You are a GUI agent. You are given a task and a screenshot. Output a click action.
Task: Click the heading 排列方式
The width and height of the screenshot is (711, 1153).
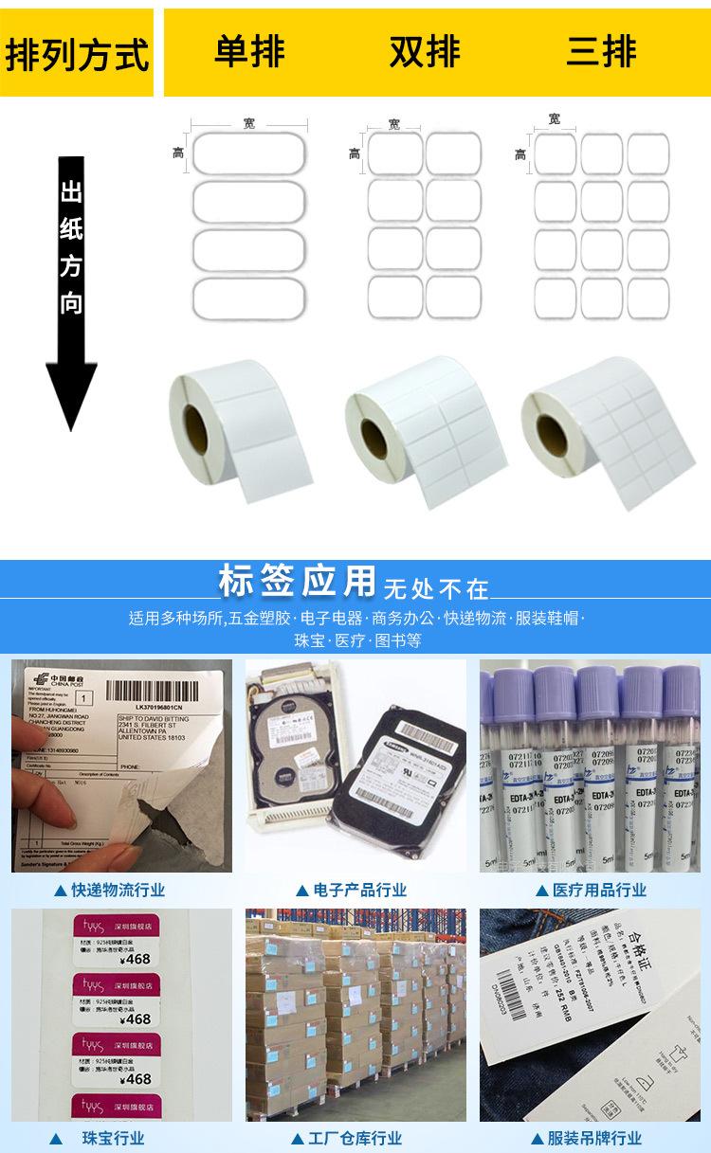[x=78, y=53]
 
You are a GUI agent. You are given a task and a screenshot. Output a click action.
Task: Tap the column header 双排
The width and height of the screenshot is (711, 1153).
[x=424, y=51]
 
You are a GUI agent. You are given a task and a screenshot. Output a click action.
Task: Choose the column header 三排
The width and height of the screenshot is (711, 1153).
[x=601, y=51]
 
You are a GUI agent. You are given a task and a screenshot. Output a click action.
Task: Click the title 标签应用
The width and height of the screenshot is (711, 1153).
[x=297, y=583]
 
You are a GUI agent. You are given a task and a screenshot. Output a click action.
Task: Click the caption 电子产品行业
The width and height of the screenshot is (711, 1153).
[x=355, y=890]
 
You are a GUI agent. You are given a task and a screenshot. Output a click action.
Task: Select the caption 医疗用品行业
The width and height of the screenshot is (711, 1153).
[x=596, y=890]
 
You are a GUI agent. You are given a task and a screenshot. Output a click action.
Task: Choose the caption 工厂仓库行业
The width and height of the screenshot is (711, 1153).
[x=355, y=1138]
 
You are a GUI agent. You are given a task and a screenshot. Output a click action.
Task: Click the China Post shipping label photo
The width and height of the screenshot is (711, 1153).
[x=120, y=765]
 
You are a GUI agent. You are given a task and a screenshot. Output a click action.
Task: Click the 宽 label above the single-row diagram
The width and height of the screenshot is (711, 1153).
[x=248, y=123]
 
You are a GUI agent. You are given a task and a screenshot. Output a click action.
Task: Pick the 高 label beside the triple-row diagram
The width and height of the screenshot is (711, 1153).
[x=520, y=154]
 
